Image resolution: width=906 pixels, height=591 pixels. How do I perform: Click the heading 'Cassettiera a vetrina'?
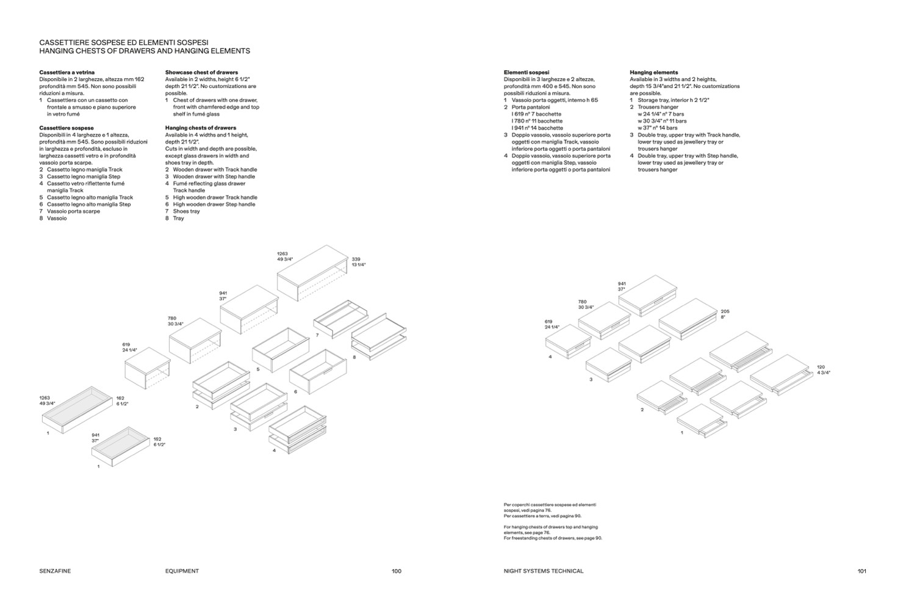point(67,72)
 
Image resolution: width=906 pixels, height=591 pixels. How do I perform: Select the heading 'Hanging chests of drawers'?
point(200,128)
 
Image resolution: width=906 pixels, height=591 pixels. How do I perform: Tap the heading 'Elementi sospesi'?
point(527,72)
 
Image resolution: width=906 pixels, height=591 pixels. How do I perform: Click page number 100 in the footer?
point(397,571)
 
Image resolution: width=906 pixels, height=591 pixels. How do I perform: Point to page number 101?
point(861,571)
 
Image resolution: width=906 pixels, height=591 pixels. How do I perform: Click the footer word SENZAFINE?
point(55,571)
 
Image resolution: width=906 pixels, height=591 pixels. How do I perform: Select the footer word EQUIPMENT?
point(182,571)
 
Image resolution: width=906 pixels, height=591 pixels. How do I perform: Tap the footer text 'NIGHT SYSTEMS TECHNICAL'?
point(544,571)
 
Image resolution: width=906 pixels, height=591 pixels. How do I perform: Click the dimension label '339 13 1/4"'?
point(358,262)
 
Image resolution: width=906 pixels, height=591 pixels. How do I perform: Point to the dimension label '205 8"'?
point(725,314)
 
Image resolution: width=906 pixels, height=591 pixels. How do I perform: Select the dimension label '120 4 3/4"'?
point(823,369)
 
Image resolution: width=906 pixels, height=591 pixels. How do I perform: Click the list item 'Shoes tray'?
point(186,211)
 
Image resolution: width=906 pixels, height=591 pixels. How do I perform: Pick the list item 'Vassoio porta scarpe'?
point(73,211)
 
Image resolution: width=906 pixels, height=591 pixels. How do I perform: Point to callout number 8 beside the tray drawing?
point(354,357)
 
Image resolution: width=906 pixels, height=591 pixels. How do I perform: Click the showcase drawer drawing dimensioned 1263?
point(77,409)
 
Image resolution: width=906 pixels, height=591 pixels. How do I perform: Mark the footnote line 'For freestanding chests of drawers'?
point(553,538)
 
